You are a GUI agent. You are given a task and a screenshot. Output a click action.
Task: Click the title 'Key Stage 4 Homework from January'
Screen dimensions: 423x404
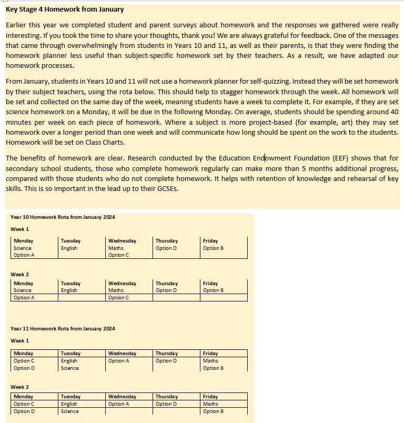click(65, 9)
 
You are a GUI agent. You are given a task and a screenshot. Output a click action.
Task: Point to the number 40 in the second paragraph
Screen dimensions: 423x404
click(393, 112)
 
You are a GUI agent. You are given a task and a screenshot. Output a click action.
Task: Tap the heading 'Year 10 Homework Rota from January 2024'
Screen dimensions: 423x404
click(63, 217)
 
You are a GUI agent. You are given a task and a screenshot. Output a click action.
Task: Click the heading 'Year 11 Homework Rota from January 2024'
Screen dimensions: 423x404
click(63, 329)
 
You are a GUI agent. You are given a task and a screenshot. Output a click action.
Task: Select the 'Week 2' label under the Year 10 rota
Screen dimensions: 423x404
click(19, 275)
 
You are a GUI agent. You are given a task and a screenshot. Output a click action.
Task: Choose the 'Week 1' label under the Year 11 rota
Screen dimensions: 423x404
click(19, 341)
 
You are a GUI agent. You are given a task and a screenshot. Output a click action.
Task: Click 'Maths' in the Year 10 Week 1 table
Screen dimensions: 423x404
click(116, 248)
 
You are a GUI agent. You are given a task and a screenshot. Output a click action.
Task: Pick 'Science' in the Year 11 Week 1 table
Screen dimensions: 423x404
click(69, 368)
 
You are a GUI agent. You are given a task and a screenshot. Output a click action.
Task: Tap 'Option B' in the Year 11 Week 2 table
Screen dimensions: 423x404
click(213, 411)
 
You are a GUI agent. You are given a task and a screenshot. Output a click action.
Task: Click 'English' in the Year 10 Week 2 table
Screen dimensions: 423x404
click(69, 290)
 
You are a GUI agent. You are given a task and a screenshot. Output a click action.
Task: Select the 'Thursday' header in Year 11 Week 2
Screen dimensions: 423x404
click(166, 397)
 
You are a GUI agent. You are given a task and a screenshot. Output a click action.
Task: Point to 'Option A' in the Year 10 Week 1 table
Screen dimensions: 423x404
click(24, 255)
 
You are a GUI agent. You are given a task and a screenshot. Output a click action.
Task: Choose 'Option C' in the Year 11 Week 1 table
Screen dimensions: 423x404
click(24, 361)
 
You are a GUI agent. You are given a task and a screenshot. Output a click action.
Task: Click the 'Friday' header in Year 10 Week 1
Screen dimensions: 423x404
click(210, 241)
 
